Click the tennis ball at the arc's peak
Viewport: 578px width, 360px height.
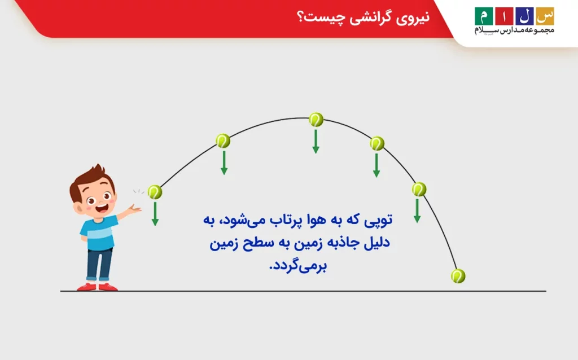coord(316,120)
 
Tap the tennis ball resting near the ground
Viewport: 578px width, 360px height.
coord(458,276)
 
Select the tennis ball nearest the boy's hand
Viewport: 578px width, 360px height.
coord(155,192)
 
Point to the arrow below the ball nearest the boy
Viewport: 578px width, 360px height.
coord(155,214)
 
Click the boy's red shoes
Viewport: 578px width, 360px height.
coord(97,286)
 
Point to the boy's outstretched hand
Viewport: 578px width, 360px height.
coord(134,210)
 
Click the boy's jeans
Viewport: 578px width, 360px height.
coord(99,262)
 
